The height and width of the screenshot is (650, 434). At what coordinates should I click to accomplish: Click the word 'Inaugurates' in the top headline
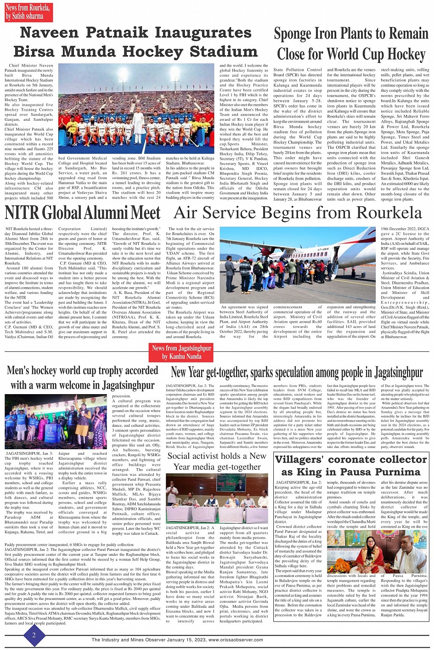(x=203, y=33)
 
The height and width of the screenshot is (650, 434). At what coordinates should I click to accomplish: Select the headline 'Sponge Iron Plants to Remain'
(x=351, y=34)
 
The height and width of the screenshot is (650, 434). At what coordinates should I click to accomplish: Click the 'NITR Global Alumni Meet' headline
(x=83, y=213)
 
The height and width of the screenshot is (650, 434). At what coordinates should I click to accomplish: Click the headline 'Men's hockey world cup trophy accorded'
(x=83, y=371)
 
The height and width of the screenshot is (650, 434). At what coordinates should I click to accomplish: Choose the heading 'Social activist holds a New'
(x=217, y=456)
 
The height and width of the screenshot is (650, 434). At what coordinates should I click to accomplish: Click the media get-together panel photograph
(x=217, y=498)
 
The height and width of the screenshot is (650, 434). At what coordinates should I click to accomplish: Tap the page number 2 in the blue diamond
(x=34, y=635)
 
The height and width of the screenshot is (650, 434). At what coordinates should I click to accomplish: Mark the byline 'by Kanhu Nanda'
(x=182, y=356)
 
